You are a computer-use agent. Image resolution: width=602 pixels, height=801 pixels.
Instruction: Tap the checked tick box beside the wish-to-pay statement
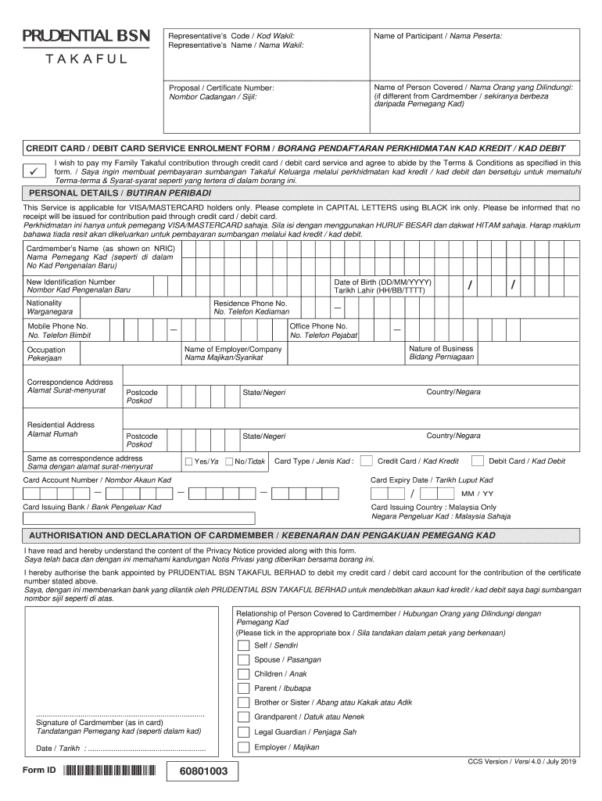(34, 171)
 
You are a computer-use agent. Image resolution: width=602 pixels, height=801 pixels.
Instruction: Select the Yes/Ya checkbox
(188, 462)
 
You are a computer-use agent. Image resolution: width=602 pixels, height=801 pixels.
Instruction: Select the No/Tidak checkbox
(229, 462)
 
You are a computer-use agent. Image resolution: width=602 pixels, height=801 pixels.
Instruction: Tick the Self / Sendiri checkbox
(244, 646)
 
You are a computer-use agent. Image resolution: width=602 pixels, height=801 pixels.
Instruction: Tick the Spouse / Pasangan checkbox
(244, 660)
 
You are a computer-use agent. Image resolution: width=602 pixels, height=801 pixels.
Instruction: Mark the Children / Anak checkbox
(244, 674)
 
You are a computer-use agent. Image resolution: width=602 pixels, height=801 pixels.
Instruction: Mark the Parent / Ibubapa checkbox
(244, 688)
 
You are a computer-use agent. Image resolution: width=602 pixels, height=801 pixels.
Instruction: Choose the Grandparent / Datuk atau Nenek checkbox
(244, 717)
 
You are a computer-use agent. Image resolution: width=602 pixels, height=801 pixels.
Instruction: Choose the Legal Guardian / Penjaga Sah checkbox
(244, 732)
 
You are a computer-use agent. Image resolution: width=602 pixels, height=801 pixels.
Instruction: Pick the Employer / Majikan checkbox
(244, 747)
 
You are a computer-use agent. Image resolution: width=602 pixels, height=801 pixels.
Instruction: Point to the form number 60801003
(202, 772)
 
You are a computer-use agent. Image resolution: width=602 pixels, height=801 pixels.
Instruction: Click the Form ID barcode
(111, 770)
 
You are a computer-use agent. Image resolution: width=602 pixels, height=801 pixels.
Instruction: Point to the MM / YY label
(477, 494)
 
